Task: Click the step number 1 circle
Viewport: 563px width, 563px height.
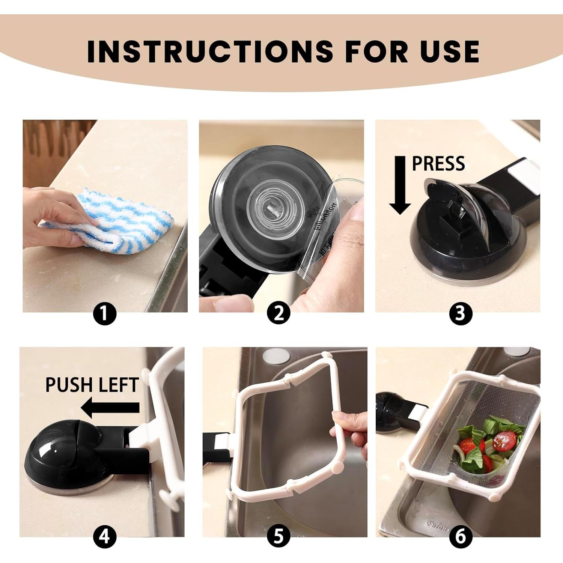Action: click(x=105, y=313)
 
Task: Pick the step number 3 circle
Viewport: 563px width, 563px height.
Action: click(x=460, y=313)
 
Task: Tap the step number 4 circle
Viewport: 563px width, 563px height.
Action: click(x=105, y=537)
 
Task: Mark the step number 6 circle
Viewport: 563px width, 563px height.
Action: click(x=460, y=537)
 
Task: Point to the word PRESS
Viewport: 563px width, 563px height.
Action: click(x=438, y=164)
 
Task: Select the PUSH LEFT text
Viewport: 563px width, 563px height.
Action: click(x=92, y=385)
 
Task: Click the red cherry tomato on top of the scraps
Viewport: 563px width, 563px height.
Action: click(x=504, y=439)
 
